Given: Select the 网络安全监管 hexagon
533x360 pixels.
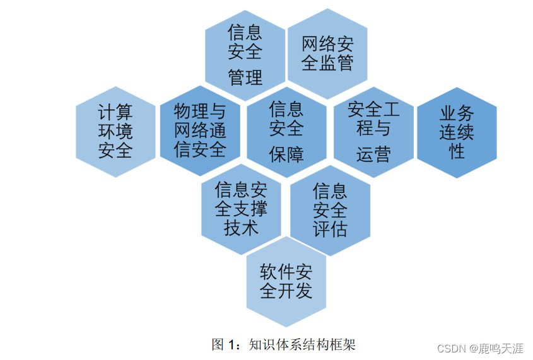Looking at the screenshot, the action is coord(327,54).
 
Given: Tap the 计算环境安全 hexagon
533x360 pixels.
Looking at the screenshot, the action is coord(115,132).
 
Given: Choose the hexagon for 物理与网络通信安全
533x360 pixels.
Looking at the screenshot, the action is coord(200,131).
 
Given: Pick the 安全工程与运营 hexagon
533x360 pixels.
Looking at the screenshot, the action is coord(373,131).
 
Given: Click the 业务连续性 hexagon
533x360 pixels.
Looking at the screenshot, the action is coord(457,132).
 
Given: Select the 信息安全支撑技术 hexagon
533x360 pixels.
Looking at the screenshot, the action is coord(241,208).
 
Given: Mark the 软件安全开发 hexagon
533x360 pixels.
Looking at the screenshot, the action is coord(286,282).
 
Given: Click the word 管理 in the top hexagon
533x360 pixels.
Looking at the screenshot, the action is coord(245,78).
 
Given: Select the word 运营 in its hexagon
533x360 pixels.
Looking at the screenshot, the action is coord(373,154).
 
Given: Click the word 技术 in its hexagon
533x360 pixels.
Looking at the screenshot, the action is coord(241,227).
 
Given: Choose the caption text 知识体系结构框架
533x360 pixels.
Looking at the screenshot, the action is coord(302,344).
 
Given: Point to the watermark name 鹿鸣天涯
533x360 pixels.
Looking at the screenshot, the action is coord(501,348).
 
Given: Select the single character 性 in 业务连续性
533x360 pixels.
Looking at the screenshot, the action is coord(457,151).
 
